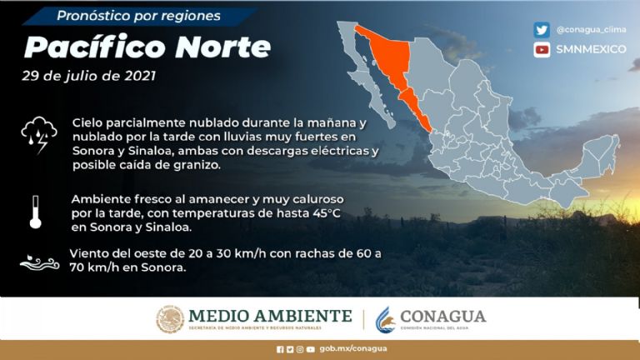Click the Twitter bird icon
(x=542, y=30)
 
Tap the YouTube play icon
(x=542, y=49)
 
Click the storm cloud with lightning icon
(x=38, y=134)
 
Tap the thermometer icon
(x=35, y=212)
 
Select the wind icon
(x=38, y=262)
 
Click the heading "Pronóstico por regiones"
(x=139, y=16)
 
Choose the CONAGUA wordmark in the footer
(x=442, y=316)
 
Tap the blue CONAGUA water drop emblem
(x=384, y=319)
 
